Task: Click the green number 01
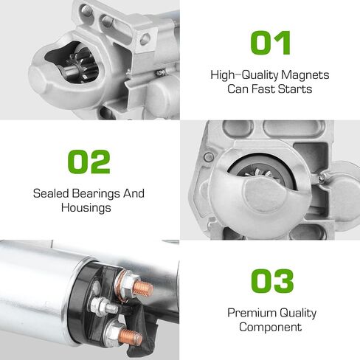coord(270,43)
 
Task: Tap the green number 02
coord(89,162)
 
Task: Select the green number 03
coord(272,281)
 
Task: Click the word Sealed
coord(51,193)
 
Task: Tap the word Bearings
coord(96,194)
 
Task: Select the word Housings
coord(86,208)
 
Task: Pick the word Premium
coord(252,313)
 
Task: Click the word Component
coord(270,328)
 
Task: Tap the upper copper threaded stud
coord(142,288)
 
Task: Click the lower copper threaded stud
coord(131,337)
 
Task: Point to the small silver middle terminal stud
coord(104,306)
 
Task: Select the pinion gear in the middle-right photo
coord(261,174)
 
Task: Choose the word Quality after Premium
coord(298,314)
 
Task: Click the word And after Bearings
coord(134,193)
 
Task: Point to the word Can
coord(238,89)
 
